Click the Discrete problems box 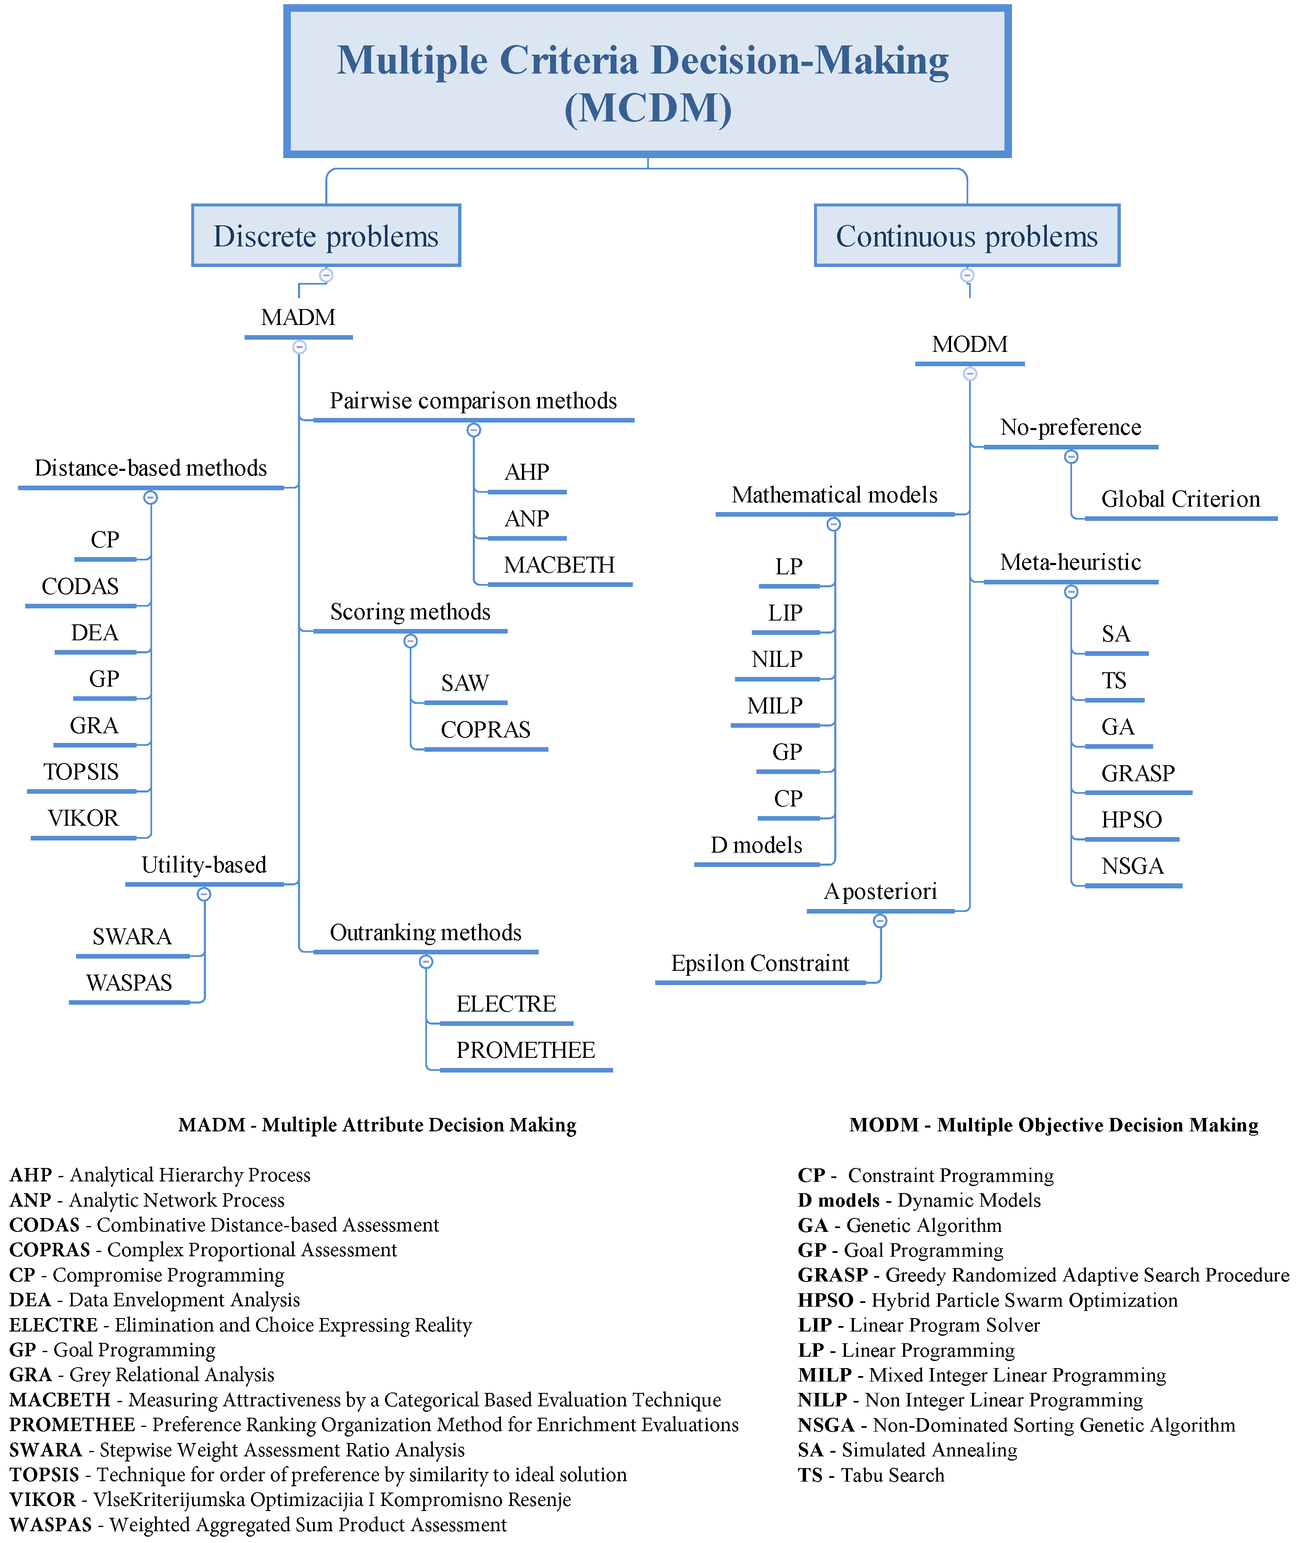326,236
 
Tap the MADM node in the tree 298,317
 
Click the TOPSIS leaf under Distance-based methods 81,772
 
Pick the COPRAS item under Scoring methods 485,730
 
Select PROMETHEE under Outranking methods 525,1050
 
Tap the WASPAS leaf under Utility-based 129,983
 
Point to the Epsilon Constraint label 760,963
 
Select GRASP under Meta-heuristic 1138,773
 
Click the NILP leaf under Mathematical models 777,659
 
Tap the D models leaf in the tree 756,845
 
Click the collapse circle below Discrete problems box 326,275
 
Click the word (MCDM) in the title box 648,108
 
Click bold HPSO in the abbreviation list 825,1300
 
